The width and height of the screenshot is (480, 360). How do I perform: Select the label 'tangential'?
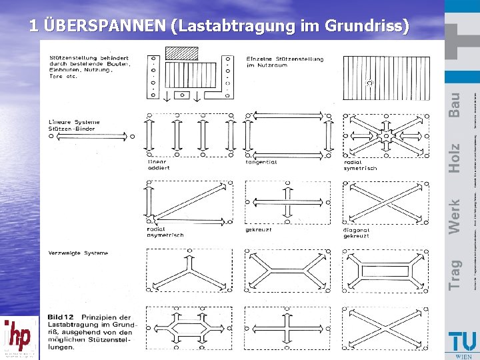click(261, 161)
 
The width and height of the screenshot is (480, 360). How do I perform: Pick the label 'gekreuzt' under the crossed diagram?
click(259, 229)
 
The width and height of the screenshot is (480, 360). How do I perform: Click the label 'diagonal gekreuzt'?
click(357, 233)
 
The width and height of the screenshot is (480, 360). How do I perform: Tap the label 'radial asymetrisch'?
click(165, 232)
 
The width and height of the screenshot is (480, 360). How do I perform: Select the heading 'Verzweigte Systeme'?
click(78, 253)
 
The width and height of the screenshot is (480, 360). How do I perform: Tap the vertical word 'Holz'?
click(454, 158)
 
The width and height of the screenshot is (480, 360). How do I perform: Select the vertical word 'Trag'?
click(454, 274)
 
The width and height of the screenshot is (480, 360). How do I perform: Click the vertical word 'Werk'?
click(454, 217)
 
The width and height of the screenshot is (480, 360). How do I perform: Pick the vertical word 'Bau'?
click(454, 105)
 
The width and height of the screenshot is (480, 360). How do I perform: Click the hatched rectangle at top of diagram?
click(182, 53)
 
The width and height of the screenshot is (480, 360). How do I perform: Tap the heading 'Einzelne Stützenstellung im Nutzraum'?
click(285, 61)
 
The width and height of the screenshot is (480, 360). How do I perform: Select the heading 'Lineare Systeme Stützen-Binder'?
click(74, 125)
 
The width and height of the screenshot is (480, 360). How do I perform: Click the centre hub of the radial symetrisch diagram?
click(386, 136)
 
